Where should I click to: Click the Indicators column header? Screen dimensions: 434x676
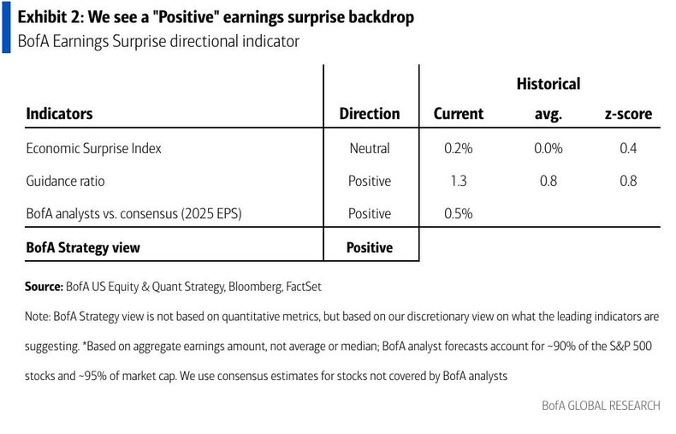coord(59,114)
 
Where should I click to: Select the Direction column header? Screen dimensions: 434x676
coord(369,114)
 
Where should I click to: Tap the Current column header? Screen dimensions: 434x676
coord(459,114)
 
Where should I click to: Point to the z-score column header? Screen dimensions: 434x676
coord(628,114)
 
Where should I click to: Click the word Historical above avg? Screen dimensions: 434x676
coord(548,84)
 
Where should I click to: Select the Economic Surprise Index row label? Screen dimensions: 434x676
coord(93,148)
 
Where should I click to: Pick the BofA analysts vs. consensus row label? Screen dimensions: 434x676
coord(133,214)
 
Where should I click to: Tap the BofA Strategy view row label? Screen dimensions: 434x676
coord(83,247)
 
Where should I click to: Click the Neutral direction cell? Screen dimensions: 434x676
coord(369,148)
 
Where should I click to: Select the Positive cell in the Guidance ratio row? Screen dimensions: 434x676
coord(369,181)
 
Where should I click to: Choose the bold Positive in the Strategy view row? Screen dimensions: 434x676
coord(369,247)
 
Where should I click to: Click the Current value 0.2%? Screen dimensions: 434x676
coord(459,148)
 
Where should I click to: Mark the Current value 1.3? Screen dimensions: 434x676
coord(459,181)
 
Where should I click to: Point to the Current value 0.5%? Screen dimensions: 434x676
coord(459,214)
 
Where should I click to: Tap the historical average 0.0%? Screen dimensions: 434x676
coord(548,148)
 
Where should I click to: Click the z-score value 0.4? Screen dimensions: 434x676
coord(628,148)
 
